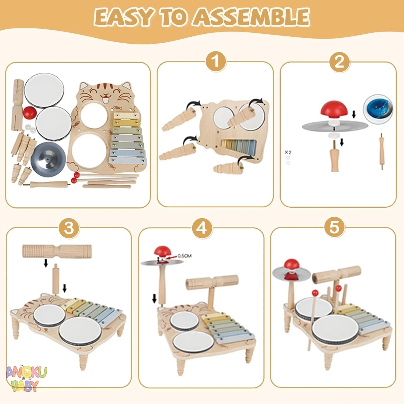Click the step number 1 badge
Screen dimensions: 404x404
216,62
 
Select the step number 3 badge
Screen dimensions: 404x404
69,228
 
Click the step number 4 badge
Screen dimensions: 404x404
202,228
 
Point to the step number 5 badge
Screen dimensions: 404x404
334,227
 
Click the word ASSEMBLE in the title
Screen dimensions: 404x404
252,17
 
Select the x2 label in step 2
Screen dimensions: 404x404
288,152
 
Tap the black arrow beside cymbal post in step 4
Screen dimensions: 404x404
154,298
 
